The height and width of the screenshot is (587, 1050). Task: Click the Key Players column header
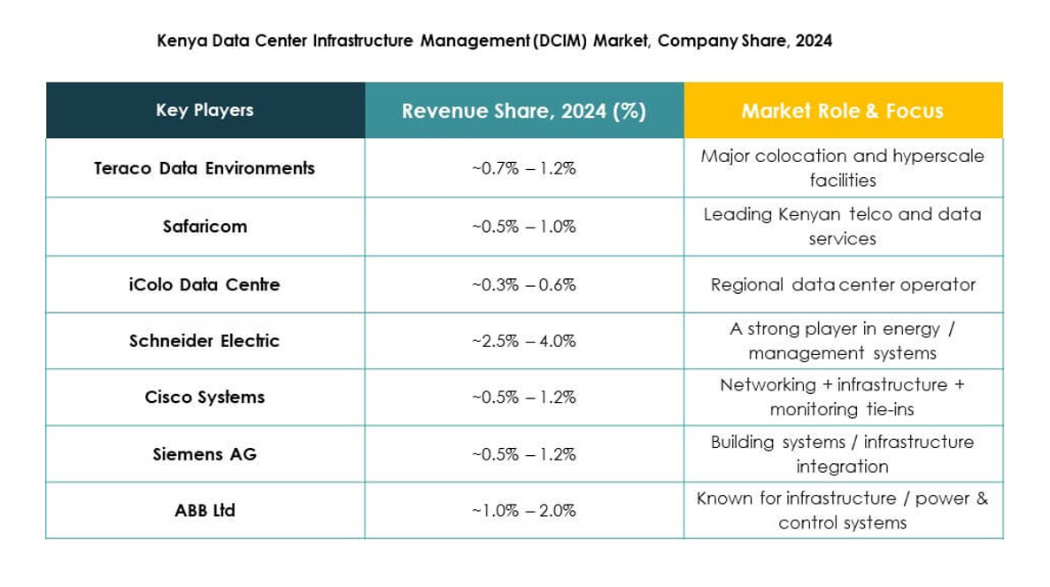tap(205, 111)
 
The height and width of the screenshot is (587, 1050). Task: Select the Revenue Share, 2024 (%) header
tap(523, 111)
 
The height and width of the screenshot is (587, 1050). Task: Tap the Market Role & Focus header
tap(842, 111)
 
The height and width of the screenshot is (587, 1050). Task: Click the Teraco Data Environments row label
tap(205, 168)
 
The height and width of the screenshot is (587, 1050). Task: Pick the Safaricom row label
tap(205, 227)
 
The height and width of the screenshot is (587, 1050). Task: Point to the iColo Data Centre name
tap(205, 285)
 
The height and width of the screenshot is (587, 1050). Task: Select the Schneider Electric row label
tap(205, 341)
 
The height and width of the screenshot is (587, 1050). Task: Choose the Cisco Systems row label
tap(205, 398)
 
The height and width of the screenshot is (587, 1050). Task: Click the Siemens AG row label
tap(205, 454)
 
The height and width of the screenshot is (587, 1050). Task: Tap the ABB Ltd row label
tap(205, 511)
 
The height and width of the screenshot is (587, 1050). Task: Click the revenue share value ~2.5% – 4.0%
tap(523, 341)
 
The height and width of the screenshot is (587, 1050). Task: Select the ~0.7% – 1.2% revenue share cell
tap(523, 168)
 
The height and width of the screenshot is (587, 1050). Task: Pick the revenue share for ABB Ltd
tap(523, 511)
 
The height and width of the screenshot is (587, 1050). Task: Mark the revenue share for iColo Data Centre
tap(523, 285)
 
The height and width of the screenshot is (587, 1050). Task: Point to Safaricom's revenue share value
tap(523, 227)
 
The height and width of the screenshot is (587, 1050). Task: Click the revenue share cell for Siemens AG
tap(523, 454)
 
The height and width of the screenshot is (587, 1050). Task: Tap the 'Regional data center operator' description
tap(842, 285)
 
